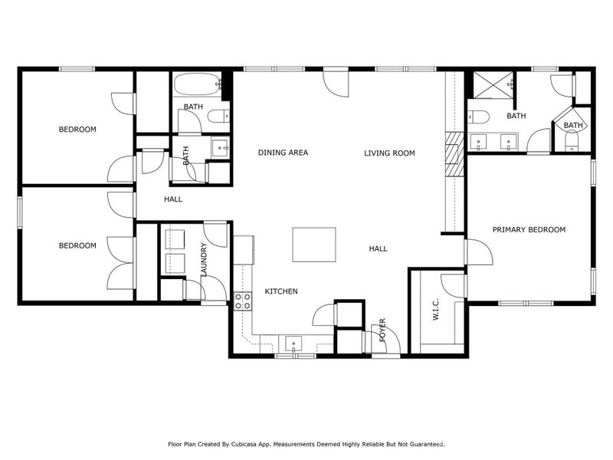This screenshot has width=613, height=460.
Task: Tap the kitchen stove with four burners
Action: click(x=243, y=301)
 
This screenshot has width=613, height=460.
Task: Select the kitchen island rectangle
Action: click(x=314, y=245)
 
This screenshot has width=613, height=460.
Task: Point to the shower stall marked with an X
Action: click(x=490, y=85)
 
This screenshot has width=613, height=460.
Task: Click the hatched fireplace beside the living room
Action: click(x=455, y=147)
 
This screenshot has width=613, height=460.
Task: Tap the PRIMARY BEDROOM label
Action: click(x=529, y=230)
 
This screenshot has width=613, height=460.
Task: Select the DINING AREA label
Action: click(x=283, y=153)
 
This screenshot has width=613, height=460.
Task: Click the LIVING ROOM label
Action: click(x=389, y=153)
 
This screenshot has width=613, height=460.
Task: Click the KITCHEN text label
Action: click(x=281, y=291)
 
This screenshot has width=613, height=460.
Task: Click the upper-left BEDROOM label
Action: click(x=77, y=130)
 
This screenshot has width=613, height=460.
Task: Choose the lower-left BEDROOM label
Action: click(x=77, y=246)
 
